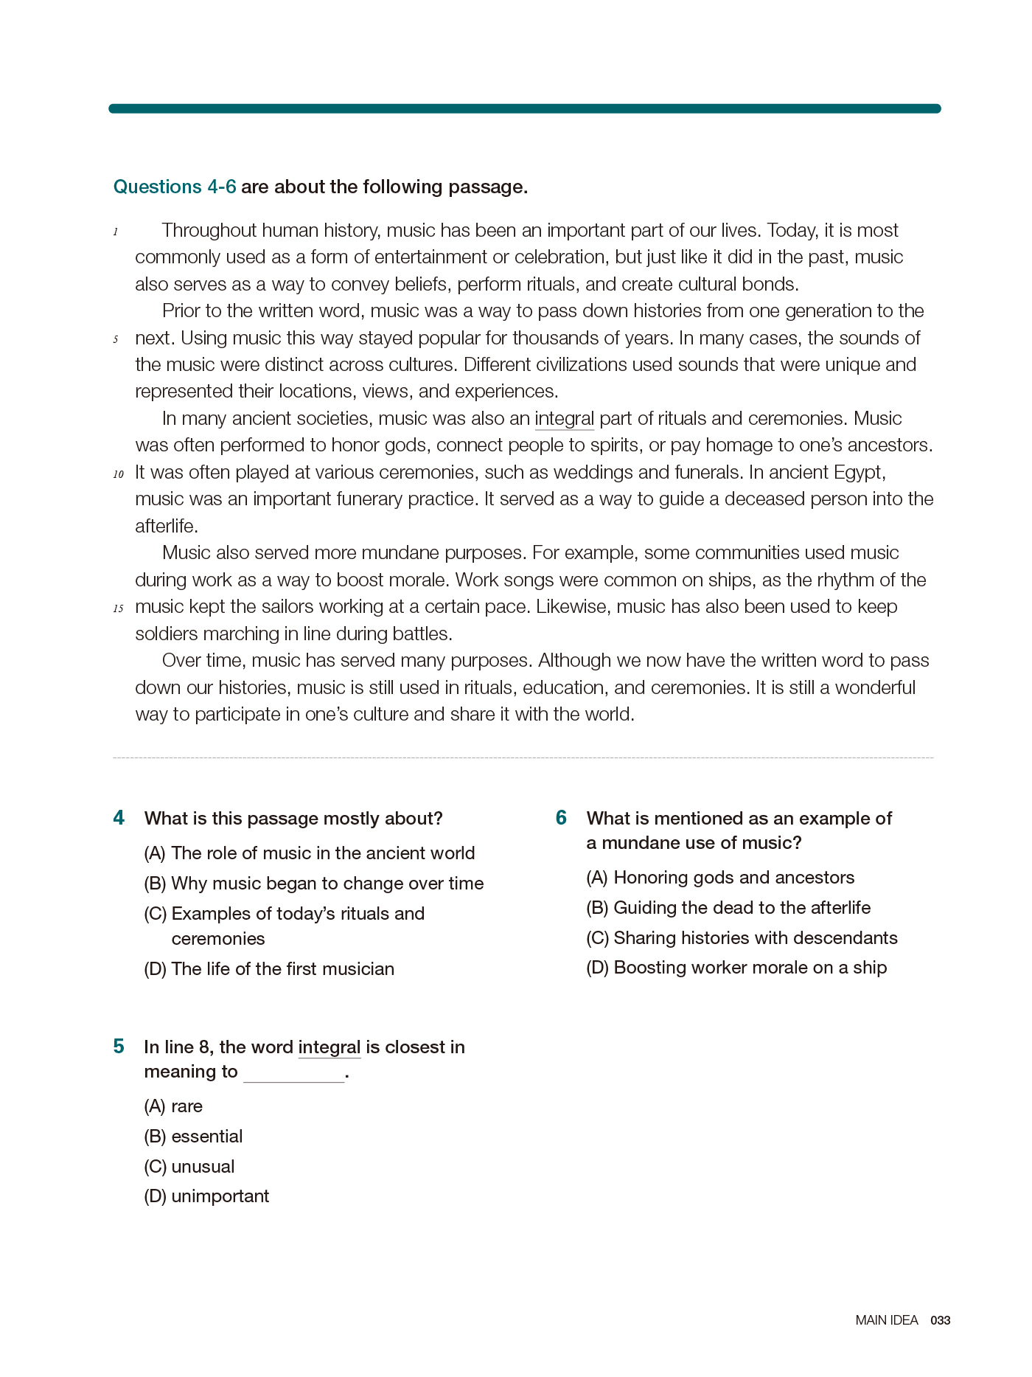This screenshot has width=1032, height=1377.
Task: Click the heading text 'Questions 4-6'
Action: click(175, 187)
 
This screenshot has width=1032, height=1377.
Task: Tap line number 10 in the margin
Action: click(119, 474)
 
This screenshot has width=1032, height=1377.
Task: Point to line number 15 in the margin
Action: click(119, 609)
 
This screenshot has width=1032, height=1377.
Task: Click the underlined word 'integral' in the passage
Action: click(564, 419)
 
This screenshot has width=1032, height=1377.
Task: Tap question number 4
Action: click(119, 818)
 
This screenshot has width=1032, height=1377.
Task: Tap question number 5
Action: click(119, 1047)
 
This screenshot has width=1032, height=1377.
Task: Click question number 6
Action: click(562, 818)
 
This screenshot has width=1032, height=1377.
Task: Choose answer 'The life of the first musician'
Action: click(282, 969)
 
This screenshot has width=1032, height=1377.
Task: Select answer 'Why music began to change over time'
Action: click(327, 884)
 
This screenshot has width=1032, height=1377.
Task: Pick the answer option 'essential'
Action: click(207, 1137)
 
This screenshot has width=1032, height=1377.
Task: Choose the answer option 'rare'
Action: click(187, 1106)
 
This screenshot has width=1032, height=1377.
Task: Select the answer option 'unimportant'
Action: click(220, 1196)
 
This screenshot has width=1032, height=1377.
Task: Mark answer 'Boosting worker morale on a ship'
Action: click(750, 968)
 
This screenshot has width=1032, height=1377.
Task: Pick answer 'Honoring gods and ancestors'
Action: click(733, 878)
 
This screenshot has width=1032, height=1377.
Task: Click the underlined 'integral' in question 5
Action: click(330, 1047)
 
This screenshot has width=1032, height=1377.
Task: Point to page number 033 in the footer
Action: click(941, 1320)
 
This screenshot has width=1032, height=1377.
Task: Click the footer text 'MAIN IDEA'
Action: click(887, 1320)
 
